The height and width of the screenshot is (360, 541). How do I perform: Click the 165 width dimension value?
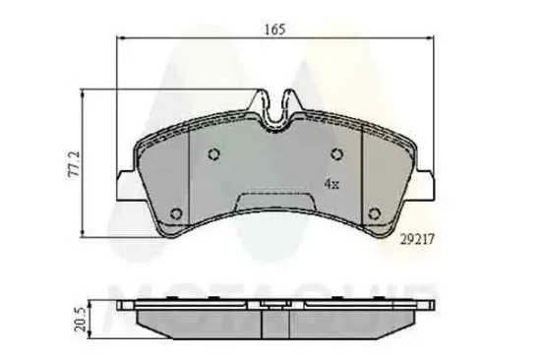tap(273, 30)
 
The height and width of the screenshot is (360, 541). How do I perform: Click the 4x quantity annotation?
tap(332, 184)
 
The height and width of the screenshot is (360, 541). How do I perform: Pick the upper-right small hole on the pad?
tap(336, 153)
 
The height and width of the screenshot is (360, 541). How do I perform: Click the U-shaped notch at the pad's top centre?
tap(275, 110)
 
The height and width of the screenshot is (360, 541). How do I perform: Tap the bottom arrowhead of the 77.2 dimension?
tap(84, 234)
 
